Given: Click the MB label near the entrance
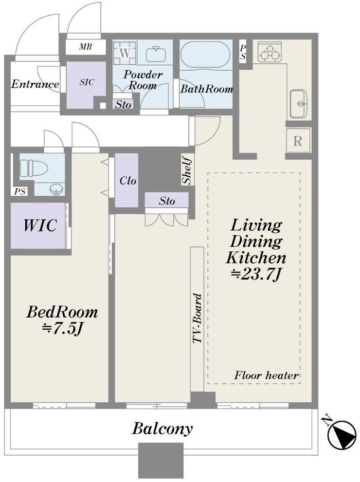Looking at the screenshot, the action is point(85,47).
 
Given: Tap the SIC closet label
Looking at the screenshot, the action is point(87,82).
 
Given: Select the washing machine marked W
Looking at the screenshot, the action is point(125,53).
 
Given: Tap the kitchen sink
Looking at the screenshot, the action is point(298,104).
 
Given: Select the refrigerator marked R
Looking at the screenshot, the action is point(298,141).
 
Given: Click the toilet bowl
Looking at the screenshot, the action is point(34,169).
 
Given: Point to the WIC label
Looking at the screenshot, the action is point(40,225).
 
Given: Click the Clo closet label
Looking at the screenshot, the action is point(128,181).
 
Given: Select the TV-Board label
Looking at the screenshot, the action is point(197,318).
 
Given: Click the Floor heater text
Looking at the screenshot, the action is point(266,375).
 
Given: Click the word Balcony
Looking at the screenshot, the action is point(162,428).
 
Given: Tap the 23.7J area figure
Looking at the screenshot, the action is point(256,274).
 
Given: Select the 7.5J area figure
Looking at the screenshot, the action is point(62,329).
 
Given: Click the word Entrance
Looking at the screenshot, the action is point(35,84).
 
